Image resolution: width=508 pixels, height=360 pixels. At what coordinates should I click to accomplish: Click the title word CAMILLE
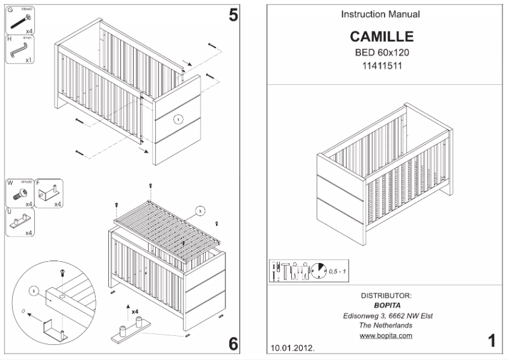click(x=381, y=37)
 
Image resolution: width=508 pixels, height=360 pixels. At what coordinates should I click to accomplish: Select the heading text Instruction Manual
click(x=380, y=14)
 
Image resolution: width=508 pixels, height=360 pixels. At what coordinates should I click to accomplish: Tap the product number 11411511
click(x=383, y=65)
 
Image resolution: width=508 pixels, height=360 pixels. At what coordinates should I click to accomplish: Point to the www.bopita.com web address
click(x=386, y=335)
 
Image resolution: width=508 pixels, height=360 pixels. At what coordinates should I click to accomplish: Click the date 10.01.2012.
click(x=292, y=349)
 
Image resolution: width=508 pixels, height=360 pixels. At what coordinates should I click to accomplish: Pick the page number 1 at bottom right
click(x=492, y=341)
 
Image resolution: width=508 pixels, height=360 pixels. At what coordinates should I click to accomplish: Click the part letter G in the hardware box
click(x=10, y=10)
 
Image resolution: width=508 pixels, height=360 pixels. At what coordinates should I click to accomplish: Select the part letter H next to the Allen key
click(x=10, y=39)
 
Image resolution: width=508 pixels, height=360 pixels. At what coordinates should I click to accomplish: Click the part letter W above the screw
click(x=10, y=183)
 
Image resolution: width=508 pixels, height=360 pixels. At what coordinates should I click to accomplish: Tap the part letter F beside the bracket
click(x=38, y=183)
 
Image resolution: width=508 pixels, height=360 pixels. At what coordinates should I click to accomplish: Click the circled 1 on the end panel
click(x=178, y=118)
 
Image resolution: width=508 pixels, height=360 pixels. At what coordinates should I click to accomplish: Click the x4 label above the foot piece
click(x=135, y=312)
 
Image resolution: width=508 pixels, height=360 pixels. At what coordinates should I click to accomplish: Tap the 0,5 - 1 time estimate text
click(x=337, y=271)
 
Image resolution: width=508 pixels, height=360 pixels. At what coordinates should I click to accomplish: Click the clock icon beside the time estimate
click(x=318, y=271)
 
